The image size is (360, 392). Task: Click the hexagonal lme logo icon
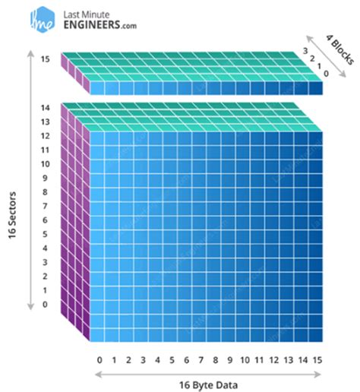[43, 20]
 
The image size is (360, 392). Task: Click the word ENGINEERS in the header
[92, 25]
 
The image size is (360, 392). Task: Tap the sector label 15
[46, 59]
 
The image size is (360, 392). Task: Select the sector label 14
[46, 108]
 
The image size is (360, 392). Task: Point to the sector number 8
[45, 192]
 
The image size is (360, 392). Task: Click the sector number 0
[45, 304]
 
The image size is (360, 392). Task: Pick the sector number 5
[45, 234]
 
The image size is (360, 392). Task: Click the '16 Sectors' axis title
[12, 215]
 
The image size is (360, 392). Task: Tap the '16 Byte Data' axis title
[208, 385]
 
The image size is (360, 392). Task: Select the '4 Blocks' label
[339, 49]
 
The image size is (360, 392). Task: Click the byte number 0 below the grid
[99, 360]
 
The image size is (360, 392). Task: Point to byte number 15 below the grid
[317, 360]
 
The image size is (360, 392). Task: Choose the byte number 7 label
[201, 360]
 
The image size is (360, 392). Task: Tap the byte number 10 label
[245, 360]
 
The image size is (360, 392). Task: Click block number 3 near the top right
[305, 51]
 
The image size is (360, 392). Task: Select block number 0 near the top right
[326, 74]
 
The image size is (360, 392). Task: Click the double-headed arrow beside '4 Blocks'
[326, 56]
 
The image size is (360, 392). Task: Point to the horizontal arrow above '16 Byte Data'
[208, 375]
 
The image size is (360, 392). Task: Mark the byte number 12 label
[274, 360]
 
